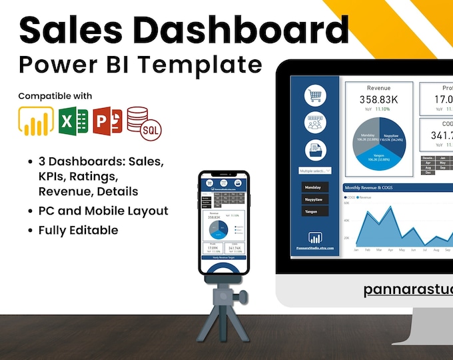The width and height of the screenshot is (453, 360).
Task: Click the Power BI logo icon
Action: (35, 121)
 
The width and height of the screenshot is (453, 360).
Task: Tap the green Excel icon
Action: (73, 121)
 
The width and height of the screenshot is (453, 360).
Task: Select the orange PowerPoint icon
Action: (108, 121)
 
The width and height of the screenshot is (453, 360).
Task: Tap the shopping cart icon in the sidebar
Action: (315, 95)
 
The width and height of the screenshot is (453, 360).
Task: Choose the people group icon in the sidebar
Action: (315, 123)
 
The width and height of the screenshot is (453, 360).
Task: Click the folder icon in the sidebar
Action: (315, 150)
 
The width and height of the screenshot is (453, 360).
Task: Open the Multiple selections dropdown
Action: (315, 171)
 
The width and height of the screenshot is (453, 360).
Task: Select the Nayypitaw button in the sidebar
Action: (315, 199)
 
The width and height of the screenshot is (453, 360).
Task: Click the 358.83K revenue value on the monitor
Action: (378, 100)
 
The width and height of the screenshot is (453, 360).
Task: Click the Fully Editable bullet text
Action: (77, 230)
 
